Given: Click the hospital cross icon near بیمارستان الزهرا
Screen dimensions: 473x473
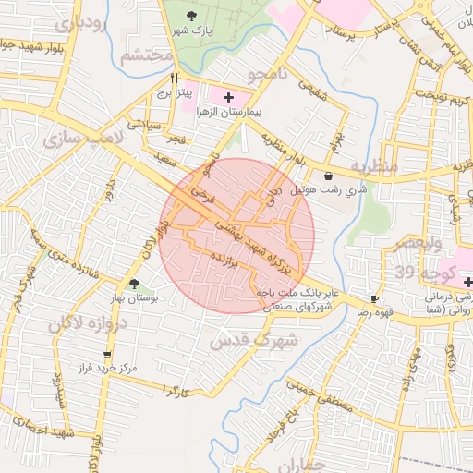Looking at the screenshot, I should coord(228,96).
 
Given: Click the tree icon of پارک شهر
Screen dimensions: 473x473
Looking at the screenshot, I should coord(191,16).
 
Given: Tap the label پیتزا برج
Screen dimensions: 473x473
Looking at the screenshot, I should coord(174,93).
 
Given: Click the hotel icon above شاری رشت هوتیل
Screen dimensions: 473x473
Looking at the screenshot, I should coord(329,176).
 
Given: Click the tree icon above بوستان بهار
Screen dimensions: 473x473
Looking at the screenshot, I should coord(135,285).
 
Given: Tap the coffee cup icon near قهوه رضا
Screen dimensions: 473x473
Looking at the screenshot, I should coord(374,298).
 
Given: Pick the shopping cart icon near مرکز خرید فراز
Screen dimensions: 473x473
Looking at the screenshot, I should coord(108,354).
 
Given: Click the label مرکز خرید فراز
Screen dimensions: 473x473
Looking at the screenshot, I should coord(108,368).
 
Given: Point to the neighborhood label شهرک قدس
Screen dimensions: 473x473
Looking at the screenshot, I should coord(255,340).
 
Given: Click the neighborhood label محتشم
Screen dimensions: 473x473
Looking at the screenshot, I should coord(147,55).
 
